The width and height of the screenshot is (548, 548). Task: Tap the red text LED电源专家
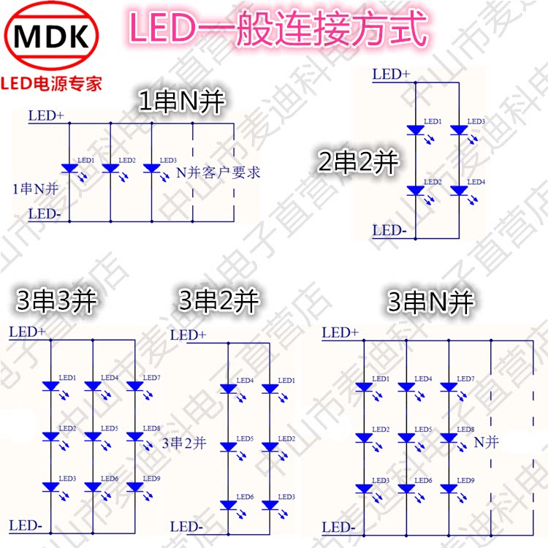(53, 83)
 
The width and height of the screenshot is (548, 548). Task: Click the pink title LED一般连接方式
(277, 28)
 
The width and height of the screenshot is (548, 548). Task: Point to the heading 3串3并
(56, 301)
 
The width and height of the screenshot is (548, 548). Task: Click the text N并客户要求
(218, 174)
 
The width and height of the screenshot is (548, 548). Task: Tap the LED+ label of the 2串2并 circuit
(391, 75)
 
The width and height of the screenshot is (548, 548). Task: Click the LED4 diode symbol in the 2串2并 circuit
(459, 191)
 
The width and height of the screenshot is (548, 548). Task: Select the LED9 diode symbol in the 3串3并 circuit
(135, 486)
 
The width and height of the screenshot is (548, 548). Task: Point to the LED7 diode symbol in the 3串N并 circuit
(448, 387)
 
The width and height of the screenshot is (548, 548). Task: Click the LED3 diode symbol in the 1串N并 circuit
(151, 169)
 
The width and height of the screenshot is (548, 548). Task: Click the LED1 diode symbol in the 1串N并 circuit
(69, 169)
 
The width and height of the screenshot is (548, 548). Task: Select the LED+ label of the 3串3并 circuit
(28, 332)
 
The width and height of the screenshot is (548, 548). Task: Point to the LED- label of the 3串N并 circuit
(338, 527)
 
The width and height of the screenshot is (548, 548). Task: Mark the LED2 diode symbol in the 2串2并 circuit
(416, 191)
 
